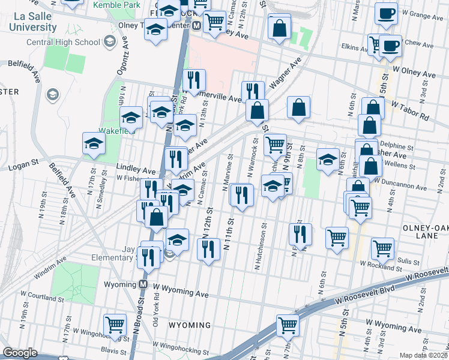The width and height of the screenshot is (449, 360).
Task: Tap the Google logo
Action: coord(20,353)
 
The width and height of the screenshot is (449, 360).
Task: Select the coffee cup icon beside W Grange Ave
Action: coord(386,13)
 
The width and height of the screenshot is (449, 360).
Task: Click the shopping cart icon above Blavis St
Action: coord(115,325)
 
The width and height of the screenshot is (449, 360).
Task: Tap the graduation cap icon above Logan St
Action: coord(94,143)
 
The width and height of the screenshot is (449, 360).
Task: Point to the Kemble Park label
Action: coord(116,5)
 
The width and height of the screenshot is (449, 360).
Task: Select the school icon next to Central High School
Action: coord(109,41)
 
